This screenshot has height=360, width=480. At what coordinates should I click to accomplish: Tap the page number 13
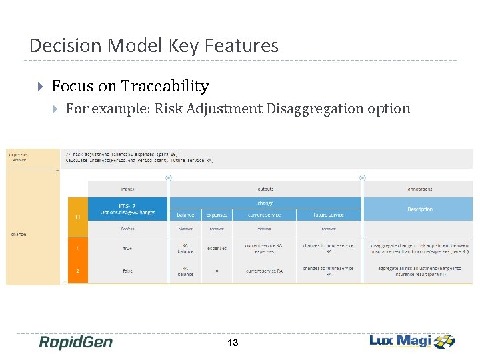click(233, 343)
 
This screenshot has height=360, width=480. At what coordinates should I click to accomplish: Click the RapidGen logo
click(75, 342)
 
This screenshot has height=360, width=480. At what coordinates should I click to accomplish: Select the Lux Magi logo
click(412, 341)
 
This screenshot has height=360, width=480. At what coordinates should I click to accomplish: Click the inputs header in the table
click(127, 189)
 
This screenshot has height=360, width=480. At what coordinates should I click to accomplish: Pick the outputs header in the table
click(265, 189)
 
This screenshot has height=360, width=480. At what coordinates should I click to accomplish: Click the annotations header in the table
click(420, 189)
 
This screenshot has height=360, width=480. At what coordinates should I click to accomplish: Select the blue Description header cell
click(420, 209)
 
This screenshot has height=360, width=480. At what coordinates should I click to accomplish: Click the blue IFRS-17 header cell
click(128, 209)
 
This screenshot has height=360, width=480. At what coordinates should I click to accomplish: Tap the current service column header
click(265, 215)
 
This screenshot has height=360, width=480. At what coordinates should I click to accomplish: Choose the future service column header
click(329, 215)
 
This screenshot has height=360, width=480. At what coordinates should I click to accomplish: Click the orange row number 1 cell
click(78, 249)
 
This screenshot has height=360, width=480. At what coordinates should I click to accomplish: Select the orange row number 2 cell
click(78, 271)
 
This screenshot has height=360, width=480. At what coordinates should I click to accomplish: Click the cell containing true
click(128, 249)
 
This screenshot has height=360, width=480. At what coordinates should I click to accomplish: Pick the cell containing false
click(128, 271)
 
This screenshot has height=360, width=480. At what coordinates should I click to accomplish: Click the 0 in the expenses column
click(217, 271)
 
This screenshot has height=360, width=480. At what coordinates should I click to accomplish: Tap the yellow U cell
click(78, 217)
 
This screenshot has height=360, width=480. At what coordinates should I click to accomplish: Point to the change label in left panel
click(19, 235)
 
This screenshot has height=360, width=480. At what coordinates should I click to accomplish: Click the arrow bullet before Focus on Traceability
click(41, 87)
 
